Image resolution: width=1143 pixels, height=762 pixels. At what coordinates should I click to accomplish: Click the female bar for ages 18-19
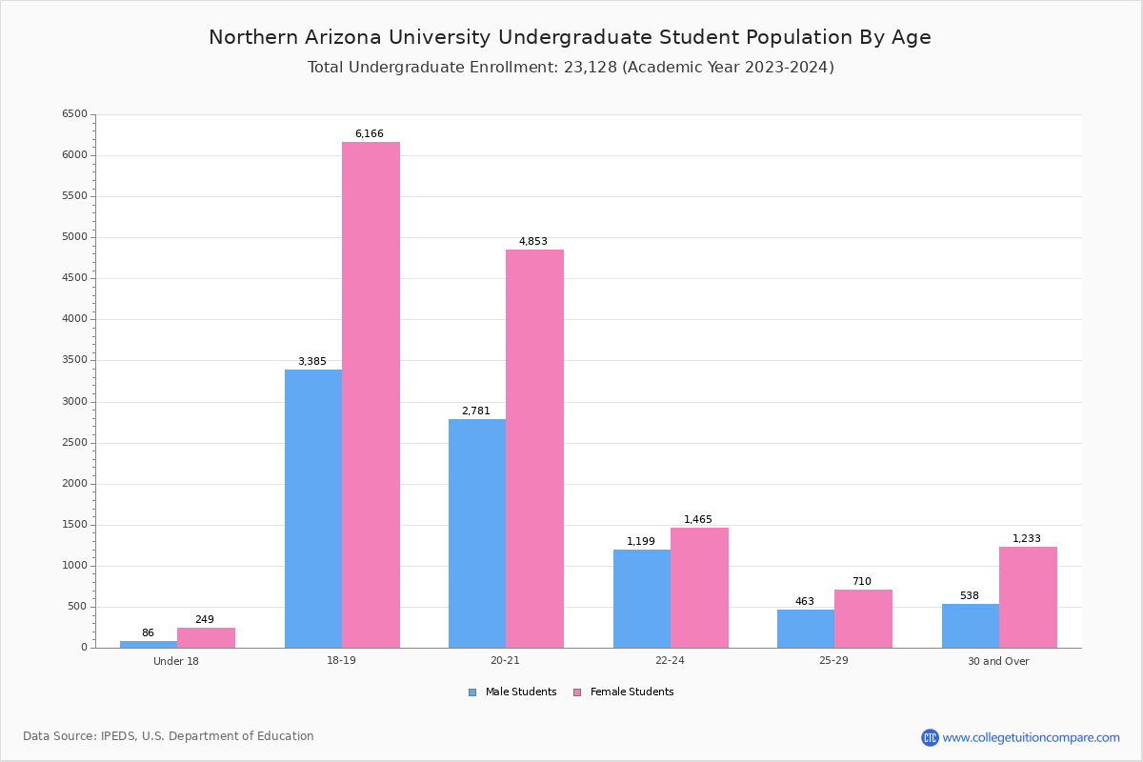pyautogui.click(x=371, y=394)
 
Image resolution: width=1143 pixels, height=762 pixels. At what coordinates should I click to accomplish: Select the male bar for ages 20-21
pyautogui.click(x=477, y=533)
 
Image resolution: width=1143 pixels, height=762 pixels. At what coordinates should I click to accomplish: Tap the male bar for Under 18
pyautogui.click(x=149, y=645)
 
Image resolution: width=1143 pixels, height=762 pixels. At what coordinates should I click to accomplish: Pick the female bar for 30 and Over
pyautogui.click(x=1028, y=597)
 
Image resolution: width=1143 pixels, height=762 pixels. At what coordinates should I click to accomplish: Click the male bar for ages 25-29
pyautogui.click(x=806, y=629)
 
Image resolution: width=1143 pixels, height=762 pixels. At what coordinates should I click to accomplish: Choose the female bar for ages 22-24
pyautogui.click(x=699, y=588)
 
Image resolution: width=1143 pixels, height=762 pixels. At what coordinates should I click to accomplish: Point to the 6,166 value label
pyautogui.click(x=370, y=134)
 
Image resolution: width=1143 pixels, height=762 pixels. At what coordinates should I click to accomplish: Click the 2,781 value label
pyautogui.click(x=476, y=411)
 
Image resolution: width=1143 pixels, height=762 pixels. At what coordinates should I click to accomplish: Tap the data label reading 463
pyautogui.click(x=805, y=602)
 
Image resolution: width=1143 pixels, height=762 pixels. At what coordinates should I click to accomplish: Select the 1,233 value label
pyautogui.click(x=1027, y=539)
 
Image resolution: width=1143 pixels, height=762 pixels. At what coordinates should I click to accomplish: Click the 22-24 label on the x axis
pyautogui.click(x=670, y=661)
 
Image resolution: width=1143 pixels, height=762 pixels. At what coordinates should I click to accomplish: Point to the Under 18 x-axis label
pyautogui.click(x=176, y=661)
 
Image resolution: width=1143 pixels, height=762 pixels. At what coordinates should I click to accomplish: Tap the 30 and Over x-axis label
pyautogui.click(x=998, y=661)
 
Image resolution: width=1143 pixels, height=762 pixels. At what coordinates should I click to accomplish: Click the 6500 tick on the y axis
pyautogui.click(x=74, y=114)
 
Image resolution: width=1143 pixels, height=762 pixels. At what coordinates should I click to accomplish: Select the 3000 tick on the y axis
pyautogui.click(x=74, y=402)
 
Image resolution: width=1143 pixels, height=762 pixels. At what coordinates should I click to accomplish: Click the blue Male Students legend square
pyautogui.click(x=472, y=692)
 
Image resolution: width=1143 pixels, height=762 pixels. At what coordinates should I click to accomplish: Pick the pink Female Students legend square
pyautogui.click(x=577, y=692)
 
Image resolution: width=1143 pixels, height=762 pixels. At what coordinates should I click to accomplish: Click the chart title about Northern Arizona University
pyautogui.click(x=570, y=37)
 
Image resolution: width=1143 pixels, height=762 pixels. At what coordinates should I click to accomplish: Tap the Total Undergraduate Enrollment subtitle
pyautogui.click(x=571, y=68)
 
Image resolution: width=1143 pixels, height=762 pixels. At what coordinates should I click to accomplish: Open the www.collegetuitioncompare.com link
pyautogui.click(x=1031, y=737)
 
